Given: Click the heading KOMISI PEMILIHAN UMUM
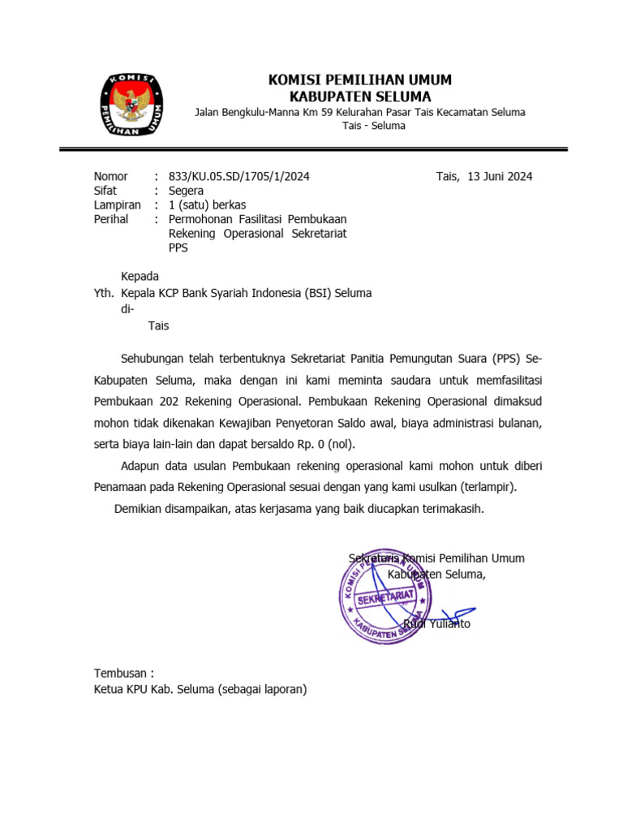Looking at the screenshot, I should click(x=360, y=80).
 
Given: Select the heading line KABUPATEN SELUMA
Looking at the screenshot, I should click(x=360, y=96).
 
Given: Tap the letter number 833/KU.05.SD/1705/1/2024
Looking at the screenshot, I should click(x=238, y=176).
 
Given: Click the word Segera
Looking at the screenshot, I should click(x=187, y=191).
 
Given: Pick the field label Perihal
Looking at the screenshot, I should click(x=111, y=219).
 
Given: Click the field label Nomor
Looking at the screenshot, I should click(x=111, y=176).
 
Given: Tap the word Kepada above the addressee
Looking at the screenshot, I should click(x=140, y=276).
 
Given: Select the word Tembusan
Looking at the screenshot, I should click(x=121, y=674).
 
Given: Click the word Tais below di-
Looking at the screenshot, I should click(x=158, y=326).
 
